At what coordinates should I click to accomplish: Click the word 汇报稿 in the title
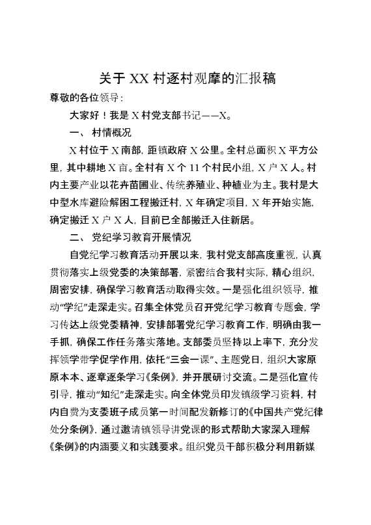[253, 79]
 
